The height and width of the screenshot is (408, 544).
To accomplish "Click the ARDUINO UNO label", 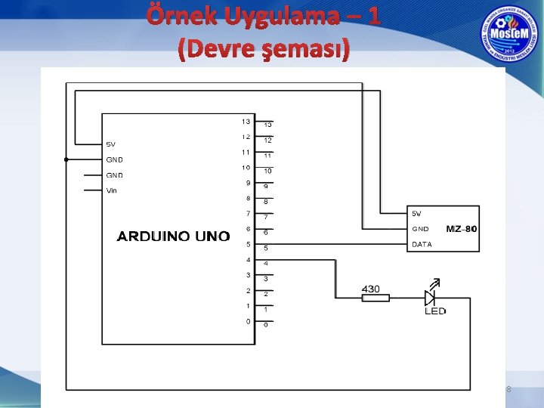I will click(x=173, y=236).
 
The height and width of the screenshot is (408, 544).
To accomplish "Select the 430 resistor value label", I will click(x=371, y=289).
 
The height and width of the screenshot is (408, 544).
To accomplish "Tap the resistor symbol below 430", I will click(x=376, y=298).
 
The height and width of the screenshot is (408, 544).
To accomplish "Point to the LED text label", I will click(x=435, y=311).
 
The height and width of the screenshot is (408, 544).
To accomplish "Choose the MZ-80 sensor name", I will click(x=462, y=228).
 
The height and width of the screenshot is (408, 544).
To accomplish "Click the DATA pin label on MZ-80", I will click(x=422, y=244).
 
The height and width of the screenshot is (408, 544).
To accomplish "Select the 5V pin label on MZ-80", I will click(x=417, y=213).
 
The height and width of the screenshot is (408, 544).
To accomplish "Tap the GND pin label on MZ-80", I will click(x=420, y=228).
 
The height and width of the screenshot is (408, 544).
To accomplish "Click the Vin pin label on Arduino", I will click(x=112, y=190).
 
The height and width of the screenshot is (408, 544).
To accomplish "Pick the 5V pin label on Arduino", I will click(x=110, y=144).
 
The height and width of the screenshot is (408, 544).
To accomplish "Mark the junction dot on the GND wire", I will click(x=66, y=159).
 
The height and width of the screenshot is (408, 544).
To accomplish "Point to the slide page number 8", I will click(x=508, y=389).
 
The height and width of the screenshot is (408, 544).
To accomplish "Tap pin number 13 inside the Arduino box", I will click(x=246, y=122).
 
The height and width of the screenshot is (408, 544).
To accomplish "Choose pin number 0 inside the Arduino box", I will click(x=248, y=321).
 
